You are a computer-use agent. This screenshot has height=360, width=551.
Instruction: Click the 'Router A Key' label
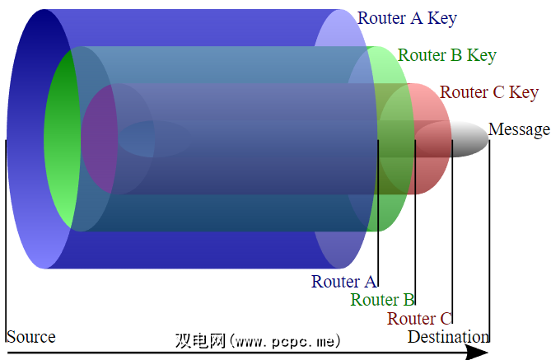click(407, 18)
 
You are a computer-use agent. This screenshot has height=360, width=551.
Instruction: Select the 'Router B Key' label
click(447, 55)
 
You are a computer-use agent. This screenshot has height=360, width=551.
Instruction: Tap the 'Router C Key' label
click(489, 92)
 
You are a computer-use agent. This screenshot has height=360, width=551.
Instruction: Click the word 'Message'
click(519, 129)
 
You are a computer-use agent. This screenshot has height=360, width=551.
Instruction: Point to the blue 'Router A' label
click(344, 281)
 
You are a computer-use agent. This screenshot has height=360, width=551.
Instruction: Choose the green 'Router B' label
click(382, 300)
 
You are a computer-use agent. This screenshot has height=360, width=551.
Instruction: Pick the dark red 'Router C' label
click(419, 319)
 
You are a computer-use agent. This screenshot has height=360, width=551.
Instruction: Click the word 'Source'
click(31, 337)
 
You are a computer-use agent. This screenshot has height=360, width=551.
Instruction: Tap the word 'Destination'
click(448, 337)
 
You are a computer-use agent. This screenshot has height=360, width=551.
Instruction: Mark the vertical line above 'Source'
click(6, 239)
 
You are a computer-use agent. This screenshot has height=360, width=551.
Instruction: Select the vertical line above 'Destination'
click(489, 239)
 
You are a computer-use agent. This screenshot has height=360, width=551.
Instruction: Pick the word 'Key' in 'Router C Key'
click(524, 92)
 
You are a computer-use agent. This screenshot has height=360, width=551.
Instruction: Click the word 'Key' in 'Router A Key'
click(441, 18)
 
